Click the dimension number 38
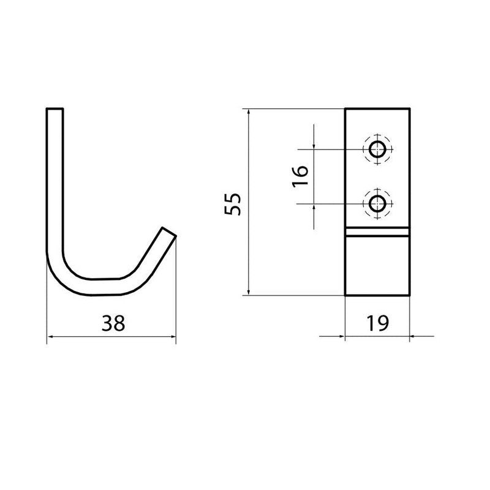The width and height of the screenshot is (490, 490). (x=113, y=323)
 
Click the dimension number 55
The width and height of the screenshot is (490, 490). (x=233, y=204)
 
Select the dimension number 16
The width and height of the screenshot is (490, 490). (x=300, y=176)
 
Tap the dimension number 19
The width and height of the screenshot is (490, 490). (x=377, y=323)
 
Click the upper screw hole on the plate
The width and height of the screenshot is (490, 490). (x=377, y=149)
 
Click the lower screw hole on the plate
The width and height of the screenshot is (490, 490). (x=377, y=204)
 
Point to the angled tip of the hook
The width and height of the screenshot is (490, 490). (x=169, y=232)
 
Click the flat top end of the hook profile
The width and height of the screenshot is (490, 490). (x=55, y=109)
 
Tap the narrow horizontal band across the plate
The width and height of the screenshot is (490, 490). (x=377, y=232)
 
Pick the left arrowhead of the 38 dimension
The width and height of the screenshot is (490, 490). (x=50, y=336)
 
